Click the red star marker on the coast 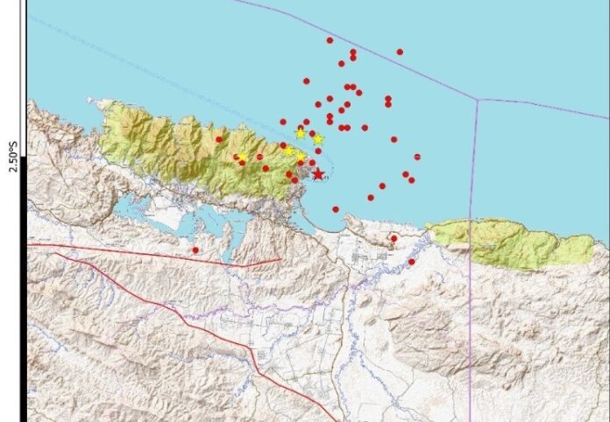[317, 174]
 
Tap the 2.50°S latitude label [13, 157]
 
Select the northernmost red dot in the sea [330, 40]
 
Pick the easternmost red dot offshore [417, 157]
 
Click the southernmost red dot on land [411, 261]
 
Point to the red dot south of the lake [195, 250]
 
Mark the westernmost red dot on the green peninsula [219, 139]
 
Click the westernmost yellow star [241, 157]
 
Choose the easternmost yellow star [318, 139]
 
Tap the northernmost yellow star [301, 133]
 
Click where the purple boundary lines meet [476, 100]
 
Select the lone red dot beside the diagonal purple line [400, 52]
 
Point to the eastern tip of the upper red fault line [280, 259]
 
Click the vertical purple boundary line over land [472, 350]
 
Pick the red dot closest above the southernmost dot [394, 237]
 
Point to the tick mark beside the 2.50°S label [24, 157]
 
